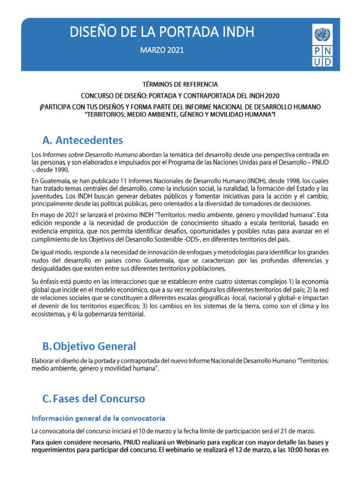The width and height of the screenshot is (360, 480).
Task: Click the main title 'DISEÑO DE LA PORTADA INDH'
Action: coord(162,32)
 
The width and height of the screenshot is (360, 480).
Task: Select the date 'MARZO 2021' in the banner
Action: coord(162,49)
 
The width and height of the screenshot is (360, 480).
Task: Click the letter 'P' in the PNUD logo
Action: coord(317,52)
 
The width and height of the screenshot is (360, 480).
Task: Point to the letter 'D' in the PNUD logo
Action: coord(329,61)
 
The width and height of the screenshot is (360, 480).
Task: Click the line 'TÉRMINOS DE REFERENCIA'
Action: coord(180,84)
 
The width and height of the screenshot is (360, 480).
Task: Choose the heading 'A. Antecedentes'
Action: coord(82,140)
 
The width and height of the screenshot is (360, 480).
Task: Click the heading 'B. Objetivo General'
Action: coord(89,346)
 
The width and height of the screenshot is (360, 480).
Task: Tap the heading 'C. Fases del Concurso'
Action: coord(94,399)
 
